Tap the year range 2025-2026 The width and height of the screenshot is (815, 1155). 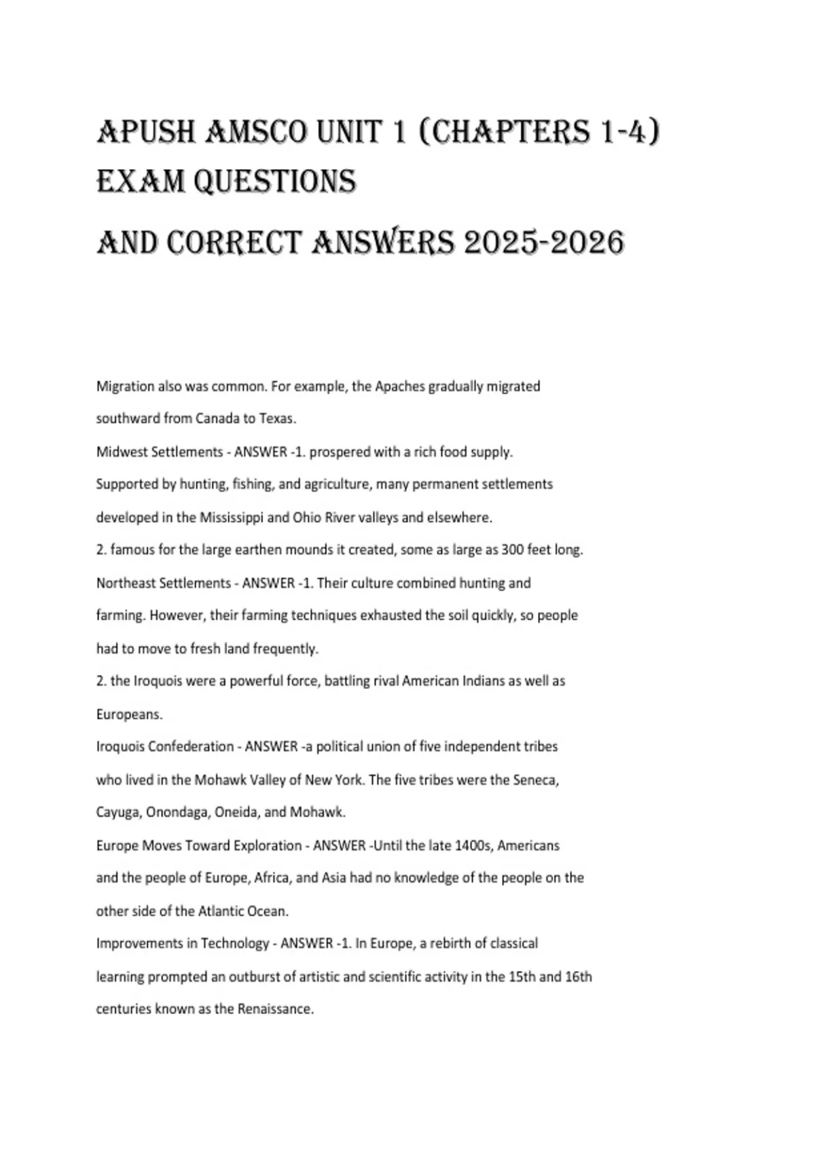coord(543,242)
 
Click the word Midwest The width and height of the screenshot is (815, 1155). coord(120,452)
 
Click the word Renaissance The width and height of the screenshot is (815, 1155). coord(275,1009)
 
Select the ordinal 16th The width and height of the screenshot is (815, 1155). coord(578,977)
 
